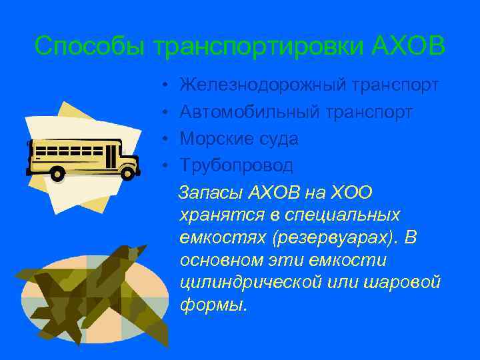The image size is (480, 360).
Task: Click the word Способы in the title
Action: click(x=91, y=46)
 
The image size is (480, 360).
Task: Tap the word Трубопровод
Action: click(x=236, y=165)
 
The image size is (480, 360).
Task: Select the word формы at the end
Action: click(x=211, y=305)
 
